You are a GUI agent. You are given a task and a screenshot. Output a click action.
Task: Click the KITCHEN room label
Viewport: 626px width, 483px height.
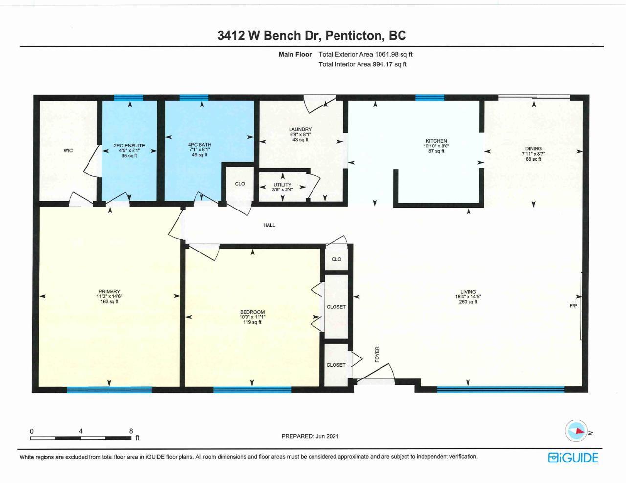pyautogui.click(x=436, y=141)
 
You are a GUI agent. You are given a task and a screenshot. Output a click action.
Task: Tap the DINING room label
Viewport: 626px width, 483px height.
pyautogui.click(x=533, y=149)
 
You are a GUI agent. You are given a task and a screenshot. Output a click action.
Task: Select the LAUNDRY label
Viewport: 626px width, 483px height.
pyautogui.click(x=300, y=129)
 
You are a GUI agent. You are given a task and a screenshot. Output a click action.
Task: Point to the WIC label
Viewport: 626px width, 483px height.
pyautogui.click(x=68, y=151)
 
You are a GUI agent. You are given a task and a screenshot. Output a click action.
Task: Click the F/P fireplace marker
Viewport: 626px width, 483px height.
pyautogui.click(x=573, y=306)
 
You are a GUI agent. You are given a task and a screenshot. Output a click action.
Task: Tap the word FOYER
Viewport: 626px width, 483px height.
pyautogui.click(x=377, y=355)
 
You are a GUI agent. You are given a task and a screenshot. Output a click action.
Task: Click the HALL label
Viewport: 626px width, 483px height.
pyautogui.click(x=269, y=225)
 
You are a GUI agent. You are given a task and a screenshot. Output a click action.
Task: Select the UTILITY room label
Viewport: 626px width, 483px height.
pyautogui.click(x=282, y=185)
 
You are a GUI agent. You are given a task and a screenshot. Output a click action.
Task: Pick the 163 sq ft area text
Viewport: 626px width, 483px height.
pyautogui.click(x=109, y=301)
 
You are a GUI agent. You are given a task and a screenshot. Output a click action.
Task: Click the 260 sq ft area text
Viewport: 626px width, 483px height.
pyautogui.click(x=468, y=302)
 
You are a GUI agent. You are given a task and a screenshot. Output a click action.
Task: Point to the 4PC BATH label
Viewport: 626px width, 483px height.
pyautogui.click(x=200, y=145)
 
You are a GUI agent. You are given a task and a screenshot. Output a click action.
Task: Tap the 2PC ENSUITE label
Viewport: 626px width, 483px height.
pyautogui.click(x=129, y=146)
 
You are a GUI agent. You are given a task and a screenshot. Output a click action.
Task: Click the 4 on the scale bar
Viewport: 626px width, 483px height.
pyautogui.click(x=81, y=431)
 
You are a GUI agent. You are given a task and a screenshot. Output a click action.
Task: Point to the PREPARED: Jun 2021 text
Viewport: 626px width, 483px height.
pyautogui.click(x=310, y=436)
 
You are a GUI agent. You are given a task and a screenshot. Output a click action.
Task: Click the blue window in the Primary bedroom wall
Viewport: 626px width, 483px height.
pyautogui.click(x=109, y=390)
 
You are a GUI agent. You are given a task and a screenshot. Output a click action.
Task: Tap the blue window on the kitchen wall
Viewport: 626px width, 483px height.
pyautogui.click(x=429, y=98)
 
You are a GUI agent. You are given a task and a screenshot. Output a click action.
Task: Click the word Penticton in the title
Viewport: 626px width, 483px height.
pyautogui.click(x=356, y=35)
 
